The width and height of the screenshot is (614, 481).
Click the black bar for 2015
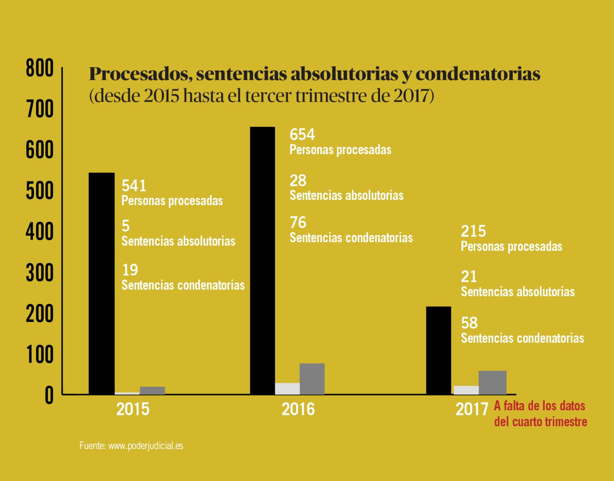click(x=102, y=283)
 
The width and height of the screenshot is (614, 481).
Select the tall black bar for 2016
click(x=262, y=261)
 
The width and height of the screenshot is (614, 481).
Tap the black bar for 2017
click(x=438, y=350)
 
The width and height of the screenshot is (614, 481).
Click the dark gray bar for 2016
click(x=312, y=379)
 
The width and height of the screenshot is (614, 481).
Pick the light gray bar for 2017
click(x=466, y=390)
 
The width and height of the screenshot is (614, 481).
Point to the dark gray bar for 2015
click(x=152, y=390)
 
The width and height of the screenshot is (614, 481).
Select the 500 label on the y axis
click(x=40, y=191)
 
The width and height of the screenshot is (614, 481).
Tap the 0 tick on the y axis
click(x=49, y=396)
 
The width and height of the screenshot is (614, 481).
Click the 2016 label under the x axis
click(x=298, y=409)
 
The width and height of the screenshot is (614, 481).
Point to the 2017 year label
click(x=472, y=409)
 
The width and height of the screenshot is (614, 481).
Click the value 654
click(x=302, y=135)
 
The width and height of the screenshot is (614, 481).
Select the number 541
click(x=134, y=186)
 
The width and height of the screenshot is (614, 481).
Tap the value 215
click(x=473, y=231)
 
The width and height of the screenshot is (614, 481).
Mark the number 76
click(x=298, y=223)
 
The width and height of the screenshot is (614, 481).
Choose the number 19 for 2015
click(x=130, y=270)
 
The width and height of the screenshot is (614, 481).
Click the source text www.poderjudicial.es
click(x=145, y=445)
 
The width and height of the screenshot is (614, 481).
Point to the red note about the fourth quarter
click(x=540, y=414)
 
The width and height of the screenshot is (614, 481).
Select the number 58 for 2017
click(x=469, y=323)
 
